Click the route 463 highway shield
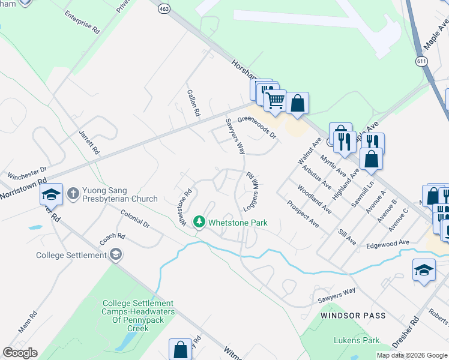(x=163, y=8)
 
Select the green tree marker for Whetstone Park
(x=199, y=223)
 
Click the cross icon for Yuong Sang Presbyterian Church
(x=73, y=193)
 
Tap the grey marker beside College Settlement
(x=115, y=255)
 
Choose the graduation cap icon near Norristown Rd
(x=52, y=194)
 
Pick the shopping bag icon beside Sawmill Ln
(x=371, y=158)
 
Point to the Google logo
(x=20, y=353)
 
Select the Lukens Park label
(x=357, y=340)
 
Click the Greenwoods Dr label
(x=256, y=127)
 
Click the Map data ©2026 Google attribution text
(x=411, y=355)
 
